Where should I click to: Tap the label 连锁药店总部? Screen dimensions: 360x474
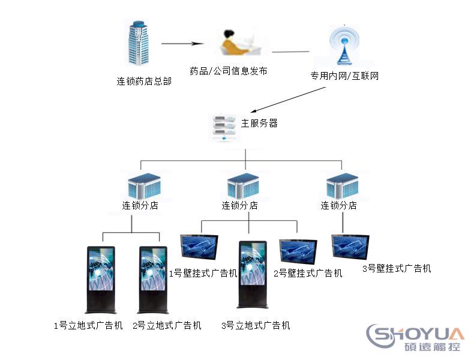(144, 81)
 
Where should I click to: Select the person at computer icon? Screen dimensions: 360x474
(235, 44)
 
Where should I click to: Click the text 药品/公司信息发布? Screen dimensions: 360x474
(228, 71)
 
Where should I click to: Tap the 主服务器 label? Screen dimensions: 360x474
(259, 123)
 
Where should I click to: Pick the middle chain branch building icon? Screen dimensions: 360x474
(243, 185)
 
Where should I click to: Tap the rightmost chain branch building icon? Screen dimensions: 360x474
(342, 185)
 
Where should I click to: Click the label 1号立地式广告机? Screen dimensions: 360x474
(88, 326)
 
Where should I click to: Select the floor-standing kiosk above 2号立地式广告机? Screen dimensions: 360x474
(152, 280)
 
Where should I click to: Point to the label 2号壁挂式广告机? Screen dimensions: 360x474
(308, 274)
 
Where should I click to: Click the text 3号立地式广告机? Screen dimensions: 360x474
(256, 326)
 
